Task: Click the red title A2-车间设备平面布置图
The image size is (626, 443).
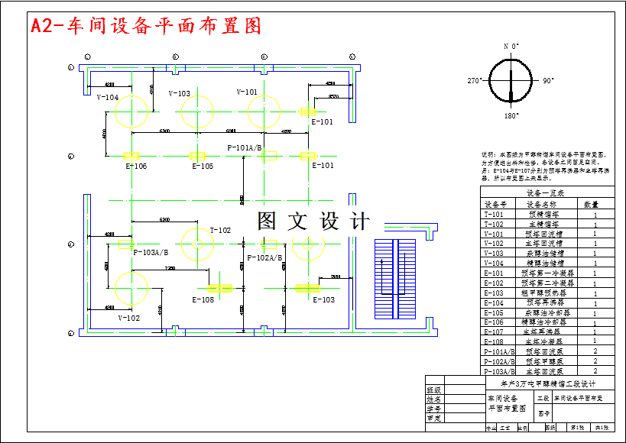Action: [145, 26]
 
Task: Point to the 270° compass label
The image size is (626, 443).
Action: [475, 80]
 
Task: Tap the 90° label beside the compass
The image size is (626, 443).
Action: [548, 80]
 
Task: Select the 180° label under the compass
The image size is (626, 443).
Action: [511, 116]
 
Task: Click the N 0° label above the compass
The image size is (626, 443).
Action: [511, 46]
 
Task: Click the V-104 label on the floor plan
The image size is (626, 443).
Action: [108, 98]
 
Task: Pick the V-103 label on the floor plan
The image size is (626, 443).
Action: [179, 94]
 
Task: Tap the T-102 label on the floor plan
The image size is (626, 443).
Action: [220, 230]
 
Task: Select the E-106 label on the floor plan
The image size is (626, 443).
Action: [136, 166]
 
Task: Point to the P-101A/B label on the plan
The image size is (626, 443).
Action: [245, 147]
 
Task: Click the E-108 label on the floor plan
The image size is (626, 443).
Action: [203, 300]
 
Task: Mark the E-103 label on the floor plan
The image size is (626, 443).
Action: [323, 300]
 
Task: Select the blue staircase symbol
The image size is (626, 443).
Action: [391, 280]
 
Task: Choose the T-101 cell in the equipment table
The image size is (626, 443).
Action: [495, 215]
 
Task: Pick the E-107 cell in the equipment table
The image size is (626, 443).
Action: [495, 332]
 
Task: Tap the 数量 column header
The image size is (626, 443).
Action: [591, 205]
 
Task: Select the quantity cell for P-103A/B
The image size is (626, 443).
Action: [595, 371]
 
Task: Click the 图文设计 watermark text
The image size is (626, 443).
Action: [313, 221]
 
